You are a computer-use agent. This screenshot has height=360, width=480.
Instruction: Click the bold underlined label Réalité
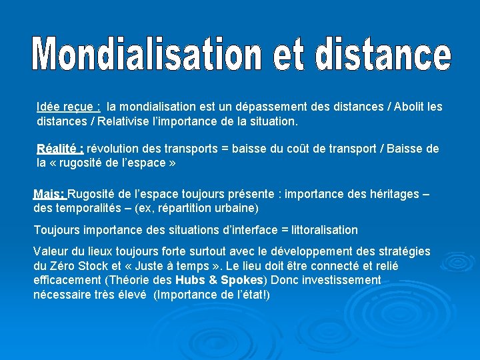(60, 149)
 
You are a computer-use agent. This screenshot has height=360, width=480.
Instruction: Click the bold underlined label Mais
(49, 195)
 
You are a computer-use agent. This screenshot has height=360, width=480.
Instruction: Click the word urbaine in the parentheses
(237, 208)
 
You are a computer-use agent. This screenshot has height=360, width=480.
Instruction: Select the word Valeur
(50, 251)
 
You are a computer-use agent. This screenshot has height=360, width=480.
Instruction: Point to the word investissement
(339, 280)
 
